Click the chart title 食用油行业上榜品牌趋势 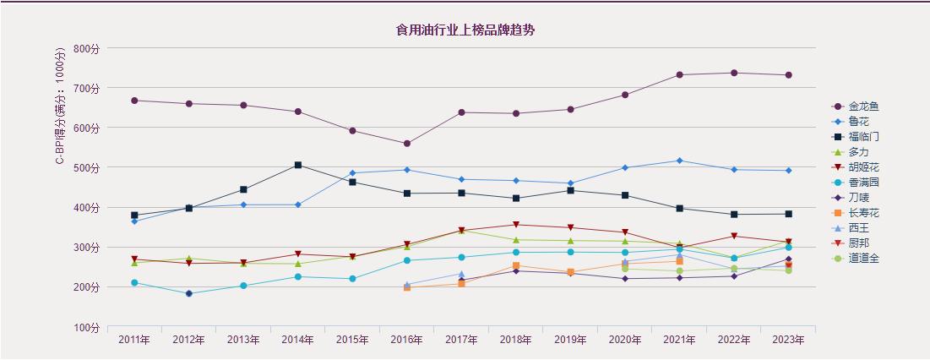coord(465,30)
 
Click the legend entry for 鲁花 coord(857,122)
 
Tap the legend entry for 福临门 coord(862,137)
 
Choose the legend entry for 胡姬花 coord(862,167)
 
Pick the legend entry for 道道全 coord(862,259)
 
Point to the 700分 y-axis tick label coord(86,88)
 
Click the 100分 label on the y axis coord(86,327)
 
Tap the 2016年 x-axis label coord(407,340)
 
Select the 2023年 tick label coord(788,340)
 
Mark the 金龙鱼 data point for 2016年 coord(407,144)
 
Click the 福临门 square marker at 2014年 coord(298,165)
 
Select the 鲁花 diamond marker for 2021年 coord(679,161)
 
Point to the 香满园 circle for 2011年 coord(134,283)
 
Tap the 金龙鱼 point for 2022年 coord(734,73)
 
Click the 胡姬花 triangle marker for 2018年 coord(516,225)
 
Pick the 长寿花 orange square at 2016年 coord(407,287)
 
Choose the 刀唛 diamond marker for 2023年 coord(788,259)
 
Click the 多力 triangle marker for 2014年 coord(298,264)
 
